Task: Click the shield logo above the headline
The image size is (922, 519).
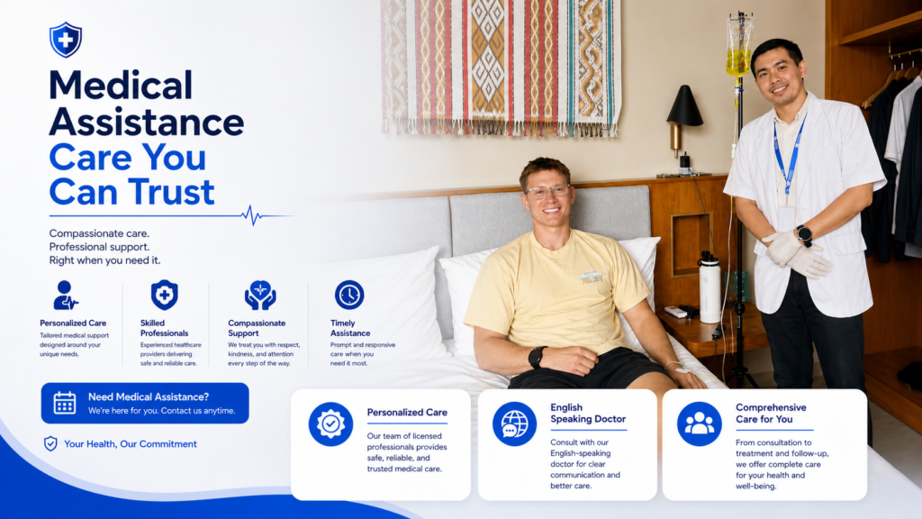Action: click(x=65, y=40)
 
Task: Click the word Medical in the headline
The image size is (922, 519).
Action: click(x=121, y=86)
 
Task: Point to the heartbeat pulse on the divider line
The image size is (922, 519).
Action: click(x=253, y=215)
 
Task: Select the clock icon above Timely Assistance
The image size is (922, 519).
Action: click(x=349, y=295)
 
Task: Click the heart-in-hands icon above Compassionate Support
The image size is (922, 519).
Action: click(x=260, y=296)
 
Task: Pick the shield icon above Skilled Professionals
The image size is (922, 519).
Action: click(x=164, y=295)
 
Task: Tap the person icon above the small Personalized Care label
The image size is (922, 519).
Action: click(x=65, y=295)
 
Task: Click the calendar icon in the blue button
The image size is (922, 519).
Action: click(x=65, y=403)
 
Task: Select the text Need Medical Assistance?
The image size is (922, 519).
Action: click(x=149, y=397)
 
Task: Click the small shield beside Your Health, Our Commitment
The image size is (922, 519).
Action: click(x=50, y=443)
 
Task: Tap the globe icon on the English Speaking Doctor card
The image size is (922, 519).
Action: click(x=514, y=423)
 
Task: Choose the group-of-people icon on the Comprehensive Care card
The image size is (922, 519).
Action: click(x=699, y=423)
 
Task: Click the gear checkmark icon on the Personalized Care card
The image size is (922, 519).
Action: click(x=330, y=423)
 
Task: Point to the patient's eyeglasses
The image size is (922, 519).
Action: click(x=548, y=191)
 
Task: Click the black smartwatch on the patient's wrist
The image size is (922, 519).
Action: click(x=537, y=357)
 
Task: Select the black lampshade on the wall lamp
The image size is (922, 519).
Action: click(x=684, y=106)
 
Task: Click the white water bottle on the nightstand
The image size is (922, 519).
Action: click(x=710, y=287)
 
